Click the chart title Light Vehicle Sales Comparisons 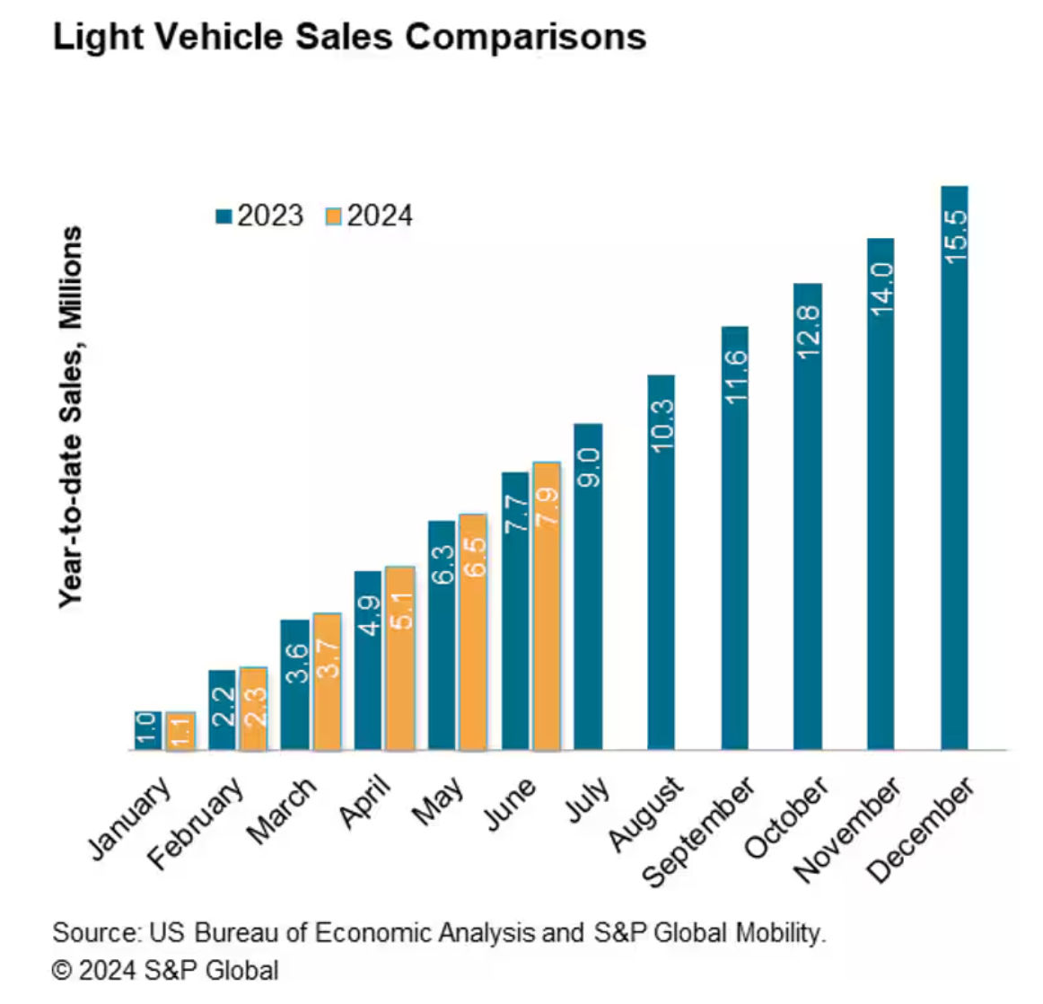pos(349,38)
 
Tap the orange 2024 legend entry pos(369,216)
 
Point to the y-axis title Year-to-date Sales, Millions pos(71,417)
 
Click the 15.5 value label pos(955,236)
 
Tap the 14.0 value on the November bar pos(881,288)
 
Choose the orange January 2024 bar pos(180,731)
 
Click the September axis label pos(700,832)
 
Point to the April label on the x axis pos(365,801)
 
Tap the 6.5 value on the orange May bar pos(474,557)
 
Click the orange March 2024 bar pos(328,683)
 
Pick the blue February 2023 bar pos(222,709)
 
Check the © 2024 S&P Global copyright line pos(165,971)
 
